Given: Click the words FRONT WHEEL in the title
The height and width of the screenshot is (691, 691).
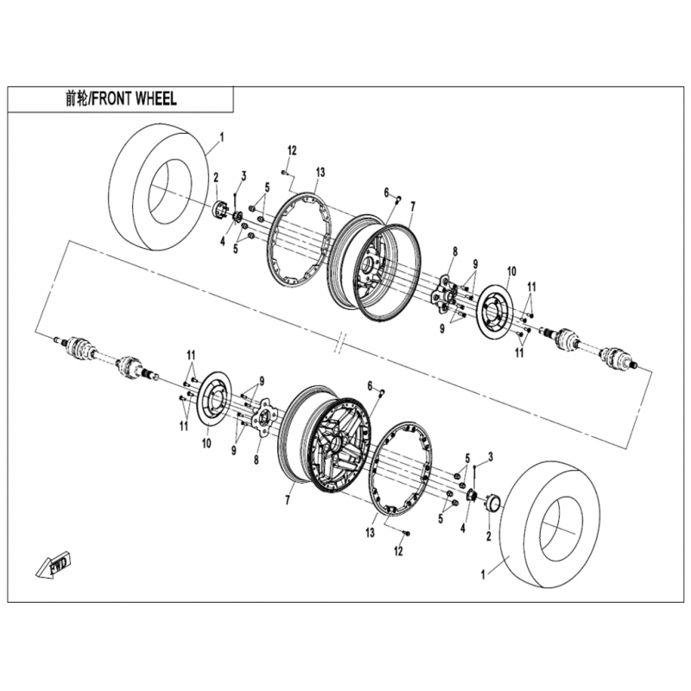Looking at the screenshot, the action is [135, 99].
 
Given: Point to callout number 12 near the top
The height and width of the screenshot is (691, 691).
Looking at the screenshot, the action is [293, 151].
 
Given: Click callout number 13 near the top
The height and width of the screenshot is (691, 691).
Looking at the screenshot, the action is [320, 172].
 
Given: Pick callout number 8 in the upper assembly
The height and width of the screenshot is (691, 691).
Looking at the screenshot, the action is [455, 251].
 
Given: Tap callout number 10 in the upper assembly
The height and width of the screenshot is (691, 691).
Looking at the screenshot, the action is [511, 271].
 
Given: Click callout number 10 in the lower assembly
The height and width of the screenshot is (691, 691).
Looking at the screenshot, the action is [206, 443].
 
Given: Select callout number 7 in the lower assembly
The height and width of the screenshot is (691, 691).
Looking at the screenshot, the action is [288, 501].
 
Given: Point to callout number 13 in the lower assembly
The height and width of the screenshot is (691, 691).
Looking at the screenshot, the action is [370, 533].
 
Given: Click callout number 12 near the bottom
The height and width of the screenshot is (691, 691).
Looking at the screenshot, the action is [398, 551].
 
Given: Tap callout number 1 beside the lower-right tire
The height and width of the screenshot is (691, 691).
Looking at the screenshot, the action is [483, 575].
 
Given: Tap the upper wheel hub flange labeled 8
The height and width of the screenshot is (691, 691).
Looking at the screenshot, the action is [443, 292].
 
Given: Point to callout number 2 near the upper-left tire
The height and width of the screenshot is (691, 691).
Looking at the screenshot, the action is [216, 178].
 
